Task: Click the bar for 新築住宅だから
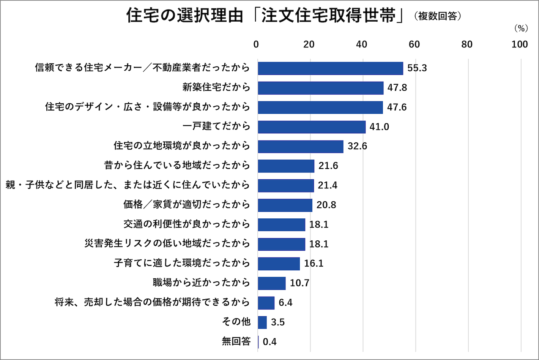[x=321, y=88]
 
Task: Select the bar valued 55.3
[x=330, y=68]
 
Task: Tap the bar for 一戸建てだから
[x=312, y=127]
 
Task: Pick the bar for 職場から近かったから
[x=272, y=283]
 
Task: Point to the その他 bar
[x=262, y=322]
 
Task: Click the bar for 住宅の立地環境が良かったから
[x=301, y=146]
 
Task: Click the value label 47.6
[x=397, y=107]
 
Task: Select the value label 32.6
[x=357, y=146]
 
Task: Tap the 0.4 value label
[x=269, y=342]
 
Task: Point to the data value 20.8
[x=326, y=205]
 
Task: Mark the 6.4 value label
[x=285, y=303]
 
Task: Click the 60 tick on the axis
[x=414, y=44]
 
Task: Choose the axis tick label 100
[x=519, y=44]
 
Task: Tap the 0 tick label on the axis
[x=256, y=44]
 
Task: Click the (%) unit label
[x=521, y=28]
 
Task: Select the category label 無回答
[x=236, y=341]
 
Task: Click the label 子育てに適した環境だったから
[x=182, y=263]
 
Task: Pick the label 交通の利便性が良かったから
[x=186, y=224]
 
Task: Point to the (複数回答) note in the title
[x=437, y=16]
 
